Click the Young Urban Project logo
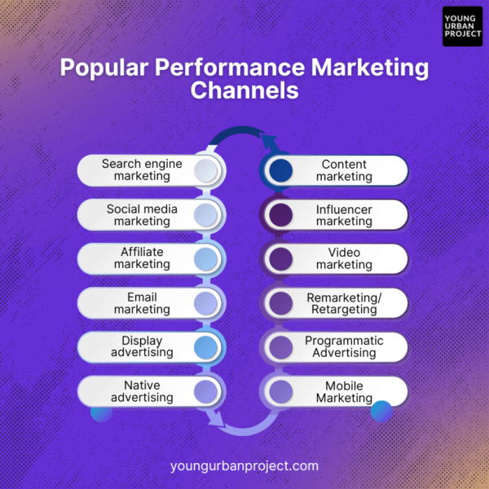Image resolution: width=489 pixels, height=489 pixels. (462, 27)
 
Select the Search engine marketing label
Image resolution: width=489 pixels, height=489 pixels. (142, 170)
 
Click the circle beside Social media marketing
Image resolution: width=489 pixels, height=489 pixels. (206, 215)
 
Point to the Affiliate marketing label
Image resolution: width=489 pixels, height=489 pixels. (142, 258)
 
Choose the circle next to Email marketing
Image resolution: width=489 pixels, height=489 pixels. (206, 303)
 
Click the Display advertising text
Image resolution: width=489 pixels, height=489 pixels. (142, 347)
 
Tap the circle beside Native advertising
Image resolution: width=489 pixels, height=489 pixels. (206, 392)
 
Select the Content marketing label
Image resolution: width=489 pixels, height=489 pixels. (344, 170)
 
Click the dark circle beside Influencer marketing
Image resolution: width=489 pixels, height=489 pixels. (281, 215)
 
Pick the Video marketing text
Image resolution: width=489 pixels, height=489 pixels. (344, 258)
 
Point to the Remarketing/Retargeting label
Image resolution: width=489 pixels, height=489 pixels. (344, 303)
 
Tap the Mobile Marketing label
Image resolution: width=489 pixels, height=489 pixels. (344, 392)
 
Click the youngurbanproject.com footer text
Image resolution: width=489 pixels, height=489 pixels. (244, 466)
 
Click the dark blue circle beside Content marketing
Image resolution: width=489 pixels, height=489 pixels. (281, 170)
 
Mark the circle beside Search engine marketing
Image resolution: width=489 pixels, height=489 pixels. (206, 170)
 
